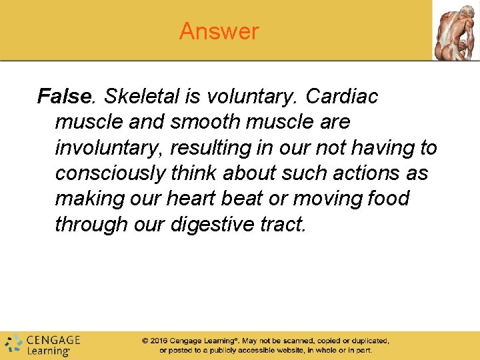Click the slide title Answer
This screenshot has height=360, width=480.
(x=219, y=31)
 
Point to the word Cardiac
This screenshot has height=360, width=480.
(x=341, y=97)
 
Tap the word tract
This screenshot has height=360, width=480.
(x=283, y=225)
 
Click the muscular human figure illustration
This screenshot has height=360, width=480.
(x=455, y=31)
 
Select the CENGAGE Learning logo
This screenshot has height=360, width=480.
(x=43, y=344)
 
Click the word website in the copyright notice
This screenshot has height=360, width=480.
(x=267, y=350)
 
